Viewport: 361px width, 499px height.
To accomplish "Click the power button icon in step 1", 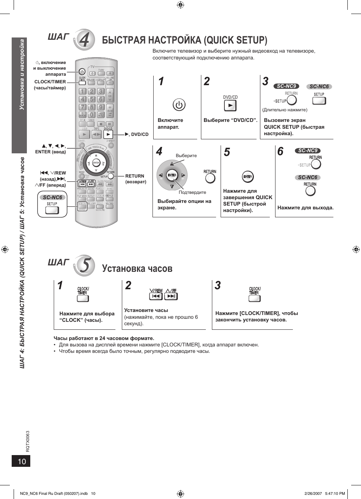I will (179, 104).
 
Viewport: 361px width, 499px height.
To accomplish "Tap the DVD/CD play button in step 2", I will (230, 106).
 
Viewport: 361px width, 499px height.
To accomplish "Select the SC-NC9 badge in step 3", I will (286, 86).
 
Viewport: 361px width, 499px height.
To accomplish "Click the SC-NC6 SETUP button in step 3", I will (319, 101).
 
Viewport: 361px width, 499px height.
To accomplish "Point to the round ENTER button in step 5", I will (247, 177).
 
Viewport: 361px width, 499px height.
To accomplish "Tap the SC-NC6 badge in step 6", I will (307, 177).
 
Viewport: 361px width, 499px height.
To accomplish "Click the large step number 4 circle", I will (84, 40).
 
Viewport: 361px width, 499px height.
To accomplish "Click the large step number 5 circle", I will (84, 265).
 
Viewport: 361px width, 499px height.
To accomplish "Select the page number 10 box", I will (21, 461).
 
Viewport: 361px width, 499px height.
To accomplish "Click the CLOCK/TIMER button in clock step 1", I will (82, 298).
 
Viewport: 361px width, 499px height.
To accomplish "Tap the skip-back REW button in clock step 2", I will (156, 296).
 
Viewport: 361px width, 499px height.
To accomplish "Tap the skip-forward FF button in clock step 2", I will (171, 296).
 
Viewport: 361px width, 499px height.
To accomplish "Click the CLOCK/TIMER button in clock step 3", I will (254, 298).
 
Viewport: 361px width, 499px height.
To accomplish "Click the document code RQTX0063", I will (28, 441).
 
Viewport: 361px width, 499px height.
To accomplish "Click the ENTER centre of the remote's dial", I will (96, 163).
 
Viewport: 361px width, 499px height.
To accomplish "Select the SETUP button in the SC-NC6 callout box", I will (52, 210).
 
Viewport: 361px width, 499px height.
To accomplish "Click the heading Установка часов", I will (137, 268).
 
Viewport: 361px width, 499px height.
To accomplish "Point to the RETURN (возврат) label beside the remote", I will (135, 179).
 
